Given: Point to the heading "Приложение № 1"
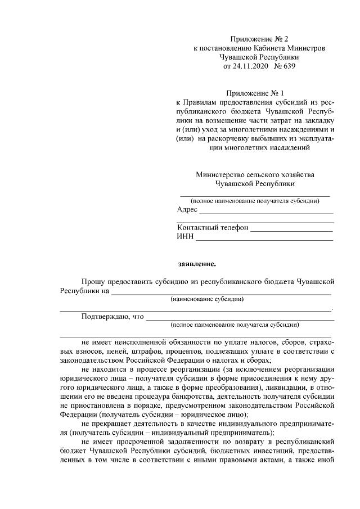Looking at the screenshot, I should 251,93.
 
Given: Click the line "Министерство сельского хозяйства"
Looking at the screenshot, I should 255,174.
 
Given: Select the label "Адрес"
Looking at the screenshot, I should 187,210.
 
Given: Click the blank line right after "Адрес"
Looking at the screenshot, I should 266,212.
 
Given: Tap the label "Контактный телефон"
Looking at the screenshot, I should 212,228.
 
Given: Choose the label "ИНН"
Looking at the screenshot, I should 185,237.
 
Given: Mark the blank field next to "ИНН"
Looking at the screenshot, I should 264,239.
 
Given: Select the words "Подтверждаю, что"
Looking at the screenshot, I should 112,317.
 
